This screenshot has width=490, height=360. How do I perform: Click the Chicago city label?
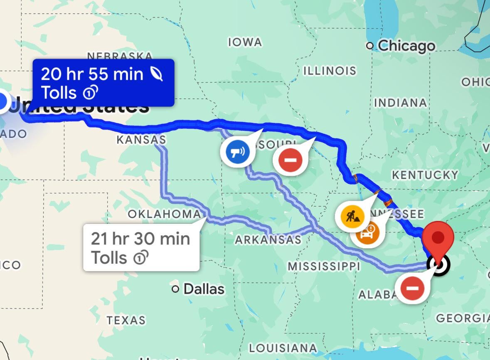point(406,46)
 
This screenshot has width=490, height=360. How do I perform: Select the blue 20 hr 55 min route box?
point(103,83)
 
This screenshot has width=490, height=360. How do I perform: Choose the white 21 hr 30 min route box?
point(141,248)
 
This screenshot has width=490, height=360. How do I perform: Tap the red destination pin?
point(438,238)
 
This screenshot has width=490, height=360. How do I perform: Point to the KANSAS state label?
point(141,140)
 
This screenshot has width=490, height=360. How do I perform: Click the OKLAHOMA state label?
point(164,214)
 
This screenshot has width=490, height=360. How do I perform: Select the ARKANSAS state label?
point(268,240)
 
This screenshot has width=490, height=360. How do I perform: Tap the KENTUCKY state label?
point(425,175)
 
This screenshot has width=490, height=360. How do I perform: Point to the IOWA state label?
point(245,42)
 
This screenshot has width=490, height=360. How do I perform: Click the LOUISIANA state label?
point(283,348)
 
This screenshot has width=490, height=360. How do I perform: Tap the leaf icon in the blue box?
point(157,74)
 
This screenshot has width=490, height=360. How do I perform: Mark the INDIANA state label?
point(401,103)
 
